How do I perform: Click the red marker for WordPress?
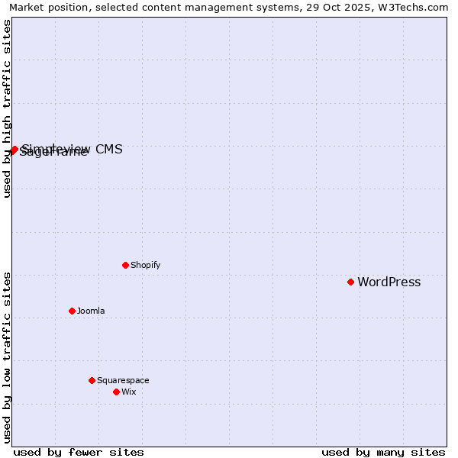coord(350,282)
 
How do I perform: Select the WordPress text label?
coord(389,282)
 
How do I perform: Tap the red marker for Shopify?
coord(125,265)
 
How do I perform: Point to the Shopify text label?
coord(145,266)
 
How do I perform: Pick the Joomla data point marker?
coord(72,311)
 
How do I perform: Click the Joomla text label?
coord(91,311)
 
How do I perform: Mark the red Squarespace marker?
coord(92,380)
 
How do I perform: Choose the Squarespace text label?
coord(123,381)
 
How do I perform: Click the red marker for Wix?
coord(116,392)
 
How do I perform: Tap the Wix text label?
coord(128,392)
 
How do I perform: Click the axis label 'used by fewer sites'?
coord(79,452)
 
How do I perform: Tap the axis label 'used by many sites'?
coord(383,452)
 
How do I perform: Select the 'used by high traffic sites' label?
coord(7,108)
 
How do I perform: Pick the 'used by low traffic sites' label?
coord(7,357)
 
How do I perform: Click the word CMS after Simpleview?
coord(108,149)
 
